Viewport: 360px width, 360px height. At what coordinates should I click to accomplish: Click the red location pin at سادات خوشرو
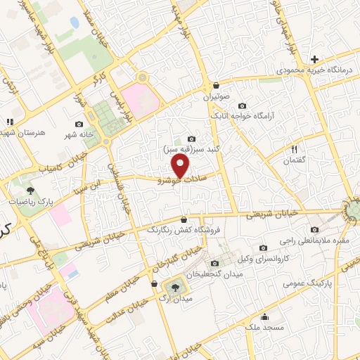coord(181,167)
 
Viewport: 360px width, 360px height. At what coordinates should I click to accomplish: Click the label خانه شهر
coord(80,134)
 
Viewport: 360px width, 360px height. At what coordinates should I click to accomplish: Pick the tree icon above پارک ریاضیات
coord(30,189)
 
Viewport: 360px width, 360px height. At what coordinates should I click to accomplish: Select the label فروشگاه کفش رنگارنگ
coord(184,229)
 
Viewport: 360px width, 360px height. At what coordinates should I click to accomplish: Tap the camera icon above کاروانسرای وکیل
coord(263,247)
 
